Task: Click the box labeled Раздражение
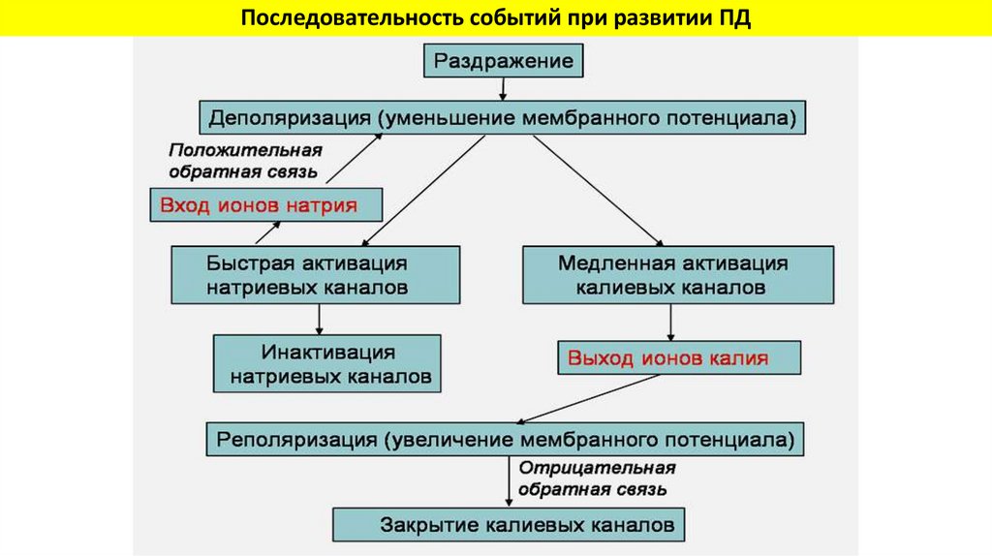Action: (x=503, y=63)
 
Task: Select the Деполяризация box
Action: (x=503, y=118)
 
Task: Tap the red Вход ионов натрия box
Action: (x=265, y=205)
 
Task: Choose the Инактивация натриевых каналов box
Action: (x=326, y=363)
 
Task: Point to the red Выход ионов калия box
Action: (x=679, y=358)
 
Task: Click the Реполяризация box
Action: (x=505, y=438)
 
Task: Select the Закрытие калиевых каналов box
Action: (x=509, y=525)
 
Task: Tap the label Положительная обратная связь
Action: (x=244, y=160)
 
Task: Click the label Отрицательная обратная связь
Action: (x=596, y=478)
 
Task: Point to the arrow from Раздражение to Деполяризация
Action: (x=503, y=89)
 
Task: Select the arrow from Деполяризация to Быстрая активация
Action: (x=424, y=190)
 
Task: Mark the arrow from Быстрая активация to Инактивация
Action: (x=319, y=320)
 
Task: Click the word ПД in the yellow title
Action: (x=733, y=18)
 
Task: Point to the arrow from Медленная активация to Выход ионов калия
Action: (x=670, y=322)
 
